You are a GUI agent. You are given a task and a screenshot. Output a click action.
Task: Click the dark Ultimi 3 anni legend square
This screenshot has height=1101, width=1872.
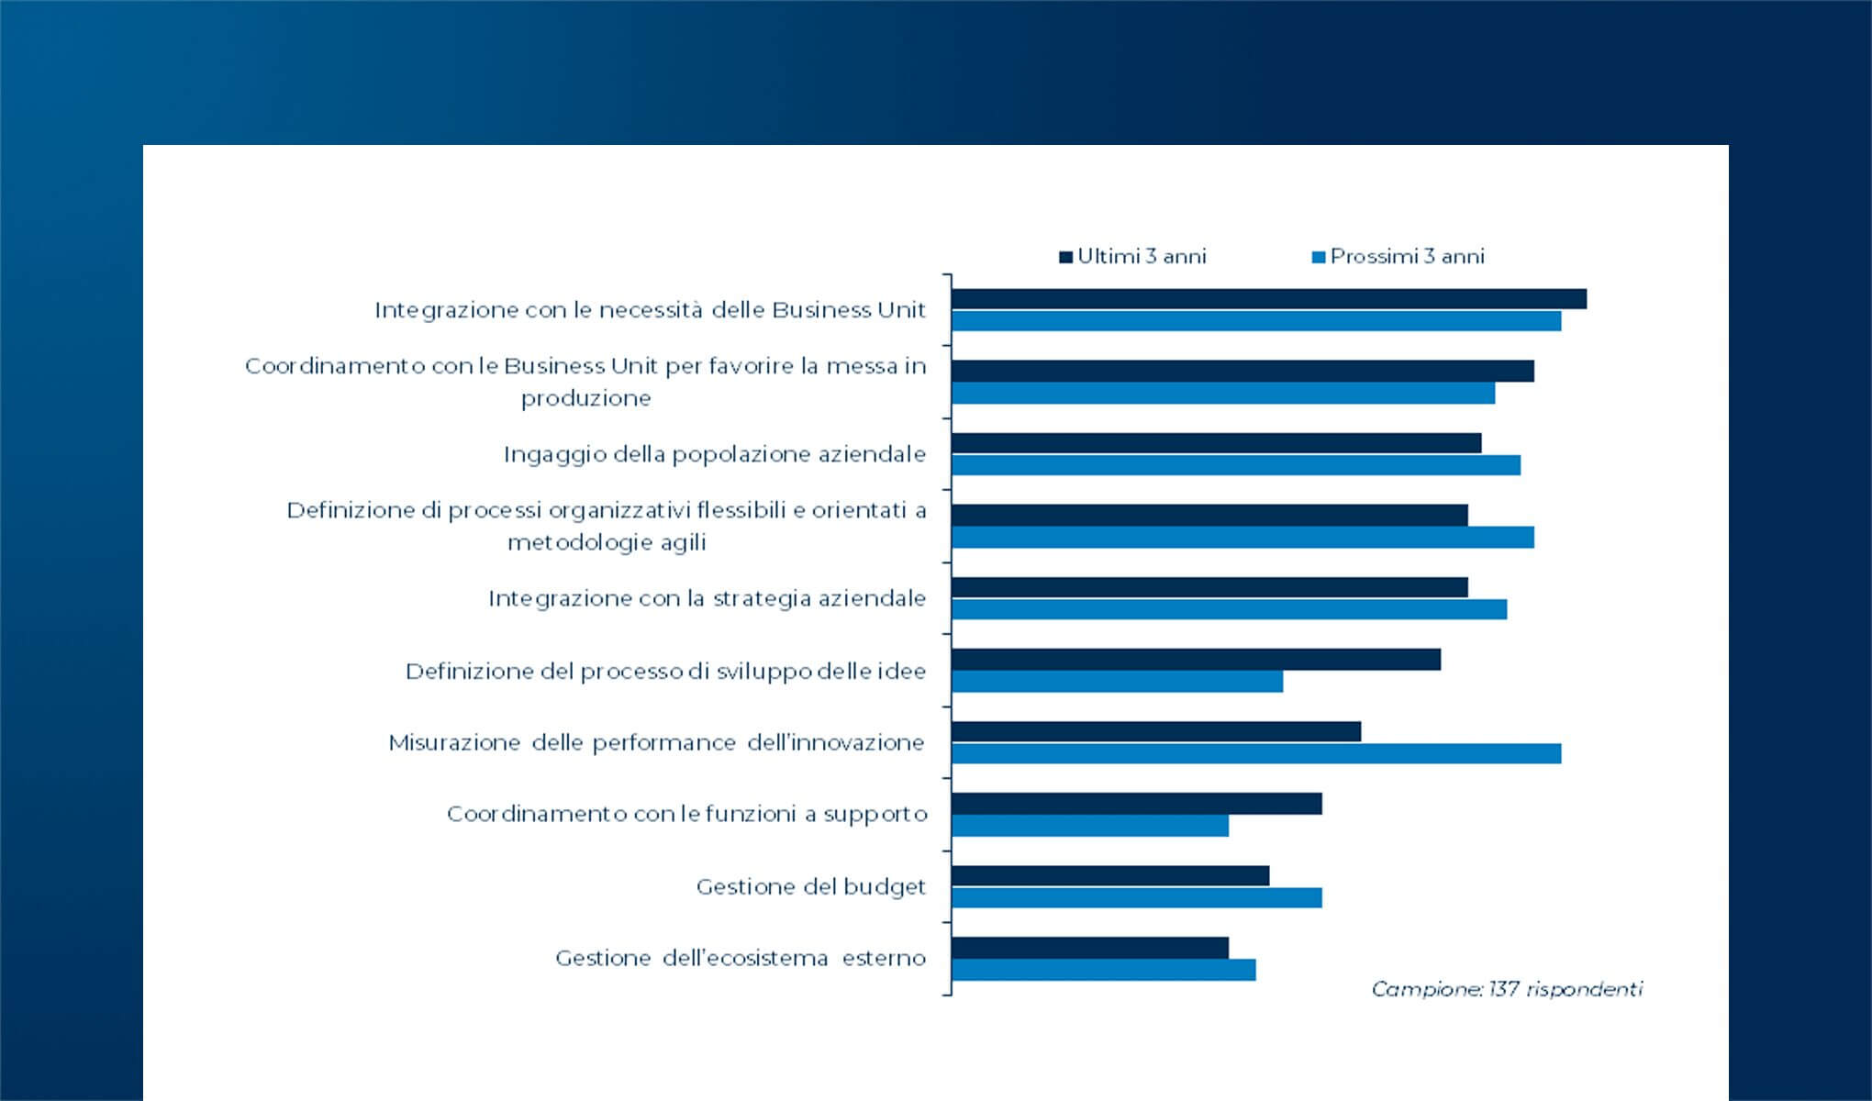point(1065,257)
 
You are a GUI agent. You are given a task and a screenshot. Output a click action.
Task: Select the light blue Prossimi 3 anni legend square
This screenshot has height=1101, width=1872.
point(1319,257)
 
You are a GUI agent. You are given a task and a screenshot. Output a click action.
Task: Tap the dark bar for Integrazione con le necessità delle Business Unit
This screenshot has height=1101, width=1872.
point(1268,299)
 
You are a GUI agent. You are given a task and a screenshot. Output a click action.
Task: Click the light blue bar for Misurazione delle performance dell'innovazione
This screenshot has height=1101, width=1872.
point(1255,753)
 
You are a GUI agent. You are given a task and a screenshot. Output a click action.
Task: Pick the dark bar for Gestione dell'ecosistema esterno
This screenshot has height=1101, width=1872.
point(1089,948)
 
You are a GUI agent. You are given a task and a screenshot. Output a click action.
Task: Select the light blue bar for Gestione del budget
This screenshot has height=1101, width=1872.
point(1136,897)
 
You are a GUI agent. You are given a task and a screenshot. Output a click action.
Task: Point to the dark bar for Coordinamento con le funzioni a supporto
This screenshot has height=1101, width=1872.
point(1136,804)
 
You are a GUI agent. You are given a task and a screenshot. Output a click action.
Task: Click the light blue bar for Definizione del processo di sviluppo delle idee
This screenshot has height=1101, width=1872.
point(1117,682)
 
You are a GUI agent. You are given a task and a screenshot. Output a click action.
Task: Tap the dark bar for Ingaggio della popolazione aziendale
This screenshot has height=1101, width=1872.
point(1216,443)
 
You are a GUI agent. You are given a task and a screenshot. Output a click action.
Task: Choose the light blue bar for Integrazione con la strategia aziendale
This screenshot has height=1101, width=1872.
point(1229,609)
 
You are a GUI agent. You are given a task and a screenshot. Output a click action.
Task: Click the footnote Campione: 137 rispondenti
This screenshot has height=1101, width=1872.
point(1506,989)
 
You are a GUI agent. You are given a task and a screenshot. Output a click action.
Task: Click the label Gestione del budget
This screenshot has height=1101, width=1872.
point(810,887)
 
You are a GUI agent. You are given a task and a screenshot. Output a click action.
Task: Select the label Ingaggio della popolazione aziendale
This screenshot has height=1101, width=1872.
point(714,454)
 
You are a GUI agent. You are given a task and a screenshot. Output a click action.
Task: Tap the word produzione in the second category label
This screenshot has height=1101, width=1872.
point(585,398)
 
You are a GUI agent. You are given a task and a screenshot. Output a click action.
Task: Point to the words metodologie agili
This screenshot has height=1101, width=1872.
point(607,542)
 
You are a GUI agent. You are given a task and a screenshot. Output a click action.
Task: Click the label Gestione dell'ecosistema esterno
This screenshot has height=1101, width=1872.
point(740,958)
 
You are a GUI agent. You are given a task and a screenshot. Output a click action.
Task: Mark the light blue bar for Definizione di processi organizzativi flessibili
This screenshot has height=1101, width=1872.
point(1242,538)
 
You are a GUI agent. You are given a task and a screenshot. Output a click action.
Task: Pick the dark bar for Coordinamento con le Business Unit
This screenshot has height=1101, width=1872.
point(1242,371)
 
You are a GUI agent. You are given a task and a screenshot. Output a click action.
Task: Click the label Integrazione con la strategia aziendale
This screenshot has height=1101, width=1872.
point(707,598)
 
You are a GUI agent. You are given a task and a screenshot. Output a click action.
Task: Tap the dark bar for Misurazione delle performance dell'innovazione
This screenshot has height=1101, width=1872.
point(1155,731)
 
